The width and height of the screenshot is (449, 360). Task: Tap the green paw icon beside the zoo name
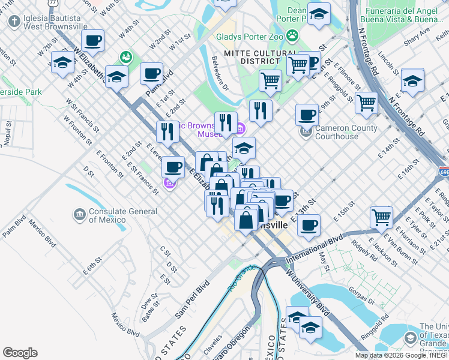(292, 35)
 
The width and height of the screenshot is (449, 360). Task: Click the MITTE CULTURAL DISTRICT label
(261, 57)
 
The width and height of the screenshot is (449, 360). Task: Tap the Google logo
(20, 353)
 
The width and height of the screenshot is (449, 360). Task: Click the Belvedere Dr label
(220, 77)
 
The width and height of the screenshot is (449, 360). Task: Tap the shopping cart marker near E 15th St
(381, 216)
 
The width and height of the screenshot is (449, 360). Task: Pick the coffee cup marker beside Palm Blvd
(151, 74)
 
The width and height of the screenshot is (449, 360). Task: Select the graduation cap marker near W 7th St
(62, 62)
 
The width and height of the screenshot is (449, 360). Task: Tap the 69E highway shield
(444, 172)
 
